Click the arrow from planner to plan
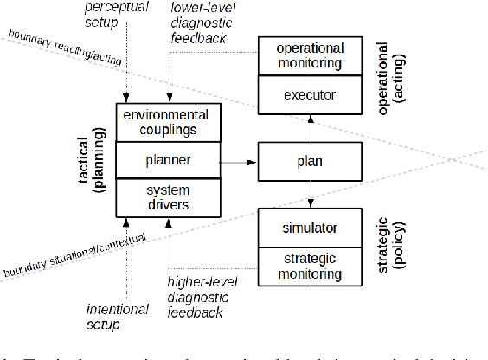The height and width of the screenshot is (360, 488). click(x=238, y=161)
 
